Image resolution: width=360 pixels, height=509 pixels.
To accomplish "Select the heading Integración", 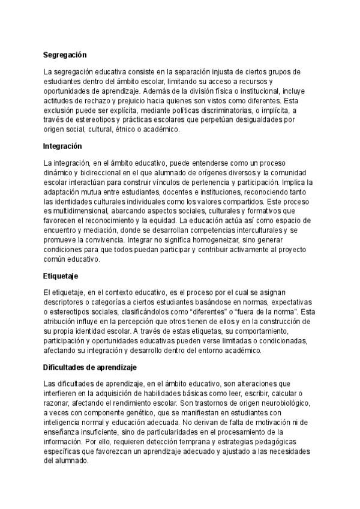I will point(62,146).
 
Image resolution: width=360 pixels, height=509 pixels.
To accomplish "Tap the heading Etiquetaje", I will point(61,276).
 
